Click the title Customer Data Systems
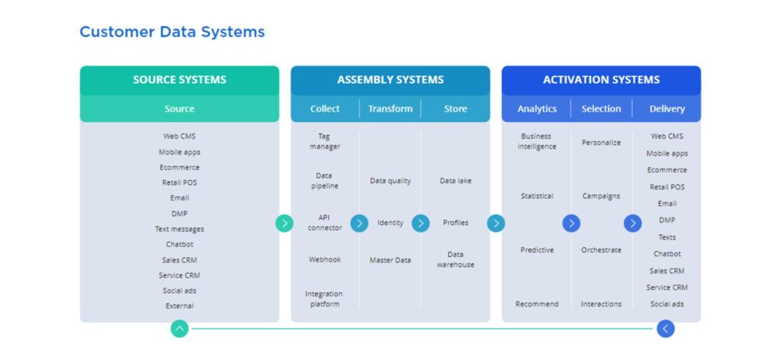[172, 32]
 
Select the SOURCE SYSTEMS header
[179, 79]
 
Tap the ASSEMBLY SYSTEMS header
[390, 79]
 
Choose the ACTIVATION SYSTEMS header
[601, 79]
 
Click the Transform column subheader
[390, 108]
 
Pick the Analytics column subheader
[537, 108]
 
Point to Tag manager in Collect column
[324, 141]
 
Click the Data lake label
[455, 181]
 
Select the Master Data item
[390, 260]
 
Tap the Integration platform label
[324, 299]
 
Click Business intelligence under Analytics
[537, 141]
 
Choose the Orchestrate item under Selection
[601, 250]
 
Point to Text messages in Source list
[179, 229]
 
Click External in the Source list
[179, 306]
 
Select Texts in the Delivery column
[667, 237]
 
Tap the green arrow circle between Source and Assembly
[284, 223]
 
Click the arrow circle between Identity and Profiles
[420, 223]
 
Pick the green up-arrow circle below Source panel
[179, 329]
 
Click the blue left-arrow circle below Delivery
[666, 329]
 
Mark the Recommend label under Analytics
[537, 304]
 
